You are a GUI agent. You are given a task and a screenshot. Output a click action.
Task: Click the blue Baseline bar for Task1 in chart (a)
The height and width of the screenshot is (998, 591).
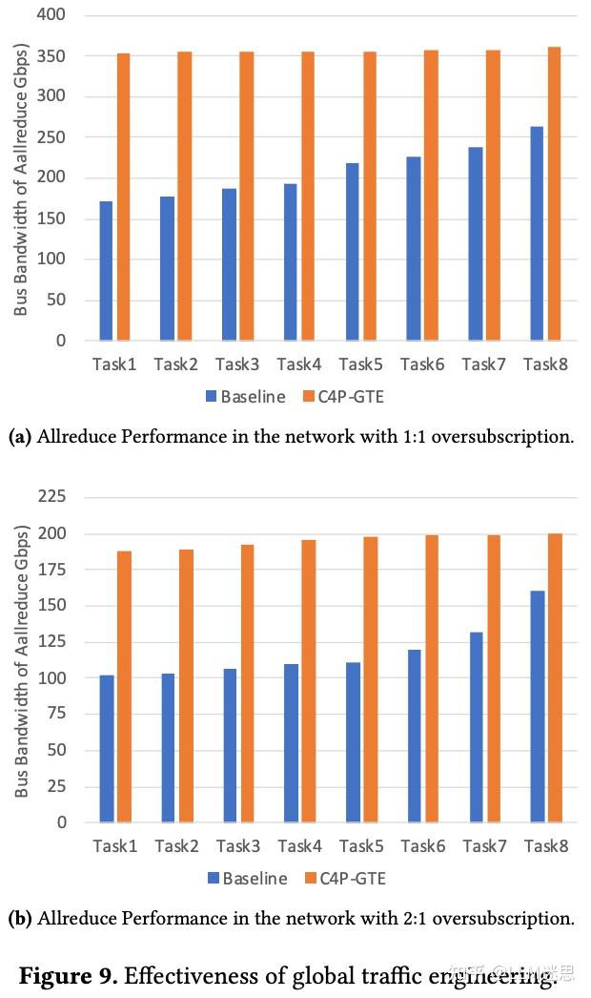(x=105, y=271)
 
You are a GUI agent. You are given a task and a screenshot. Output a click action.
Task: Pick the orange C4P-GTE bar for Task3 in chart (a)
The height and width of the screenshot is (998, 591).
(x=246, y=196)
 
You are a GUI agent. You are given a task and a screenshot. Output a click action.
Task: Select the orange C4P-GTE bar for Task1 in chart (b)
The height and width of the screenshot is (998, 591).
(x=123, y=686)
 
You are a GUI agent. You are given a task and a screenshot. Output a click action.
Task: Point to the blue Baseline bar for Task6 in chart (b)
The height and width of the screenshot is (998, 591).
(x=414, y=736)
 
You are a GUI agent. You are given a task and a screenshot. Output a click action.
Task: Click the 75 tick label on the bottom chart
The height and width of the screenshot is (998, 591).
(x=56, y=715)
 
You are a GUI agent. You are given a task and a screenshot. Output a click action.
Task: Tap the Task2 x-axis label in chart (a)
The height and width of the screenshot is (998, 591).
(x=175, y=364)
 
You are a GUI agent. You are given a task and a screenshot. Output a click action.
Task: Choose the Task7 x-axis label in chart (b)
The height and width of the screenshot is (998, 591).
(x=483, y=846)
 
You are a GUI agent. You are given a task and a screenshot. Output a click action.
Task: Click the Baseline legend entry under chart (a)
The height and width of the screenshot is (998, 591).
(x=245, y=396)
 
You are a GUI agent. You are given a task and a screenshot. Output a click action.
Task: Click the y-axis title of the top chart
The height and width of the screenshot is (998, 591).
(x=21, y=177)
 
